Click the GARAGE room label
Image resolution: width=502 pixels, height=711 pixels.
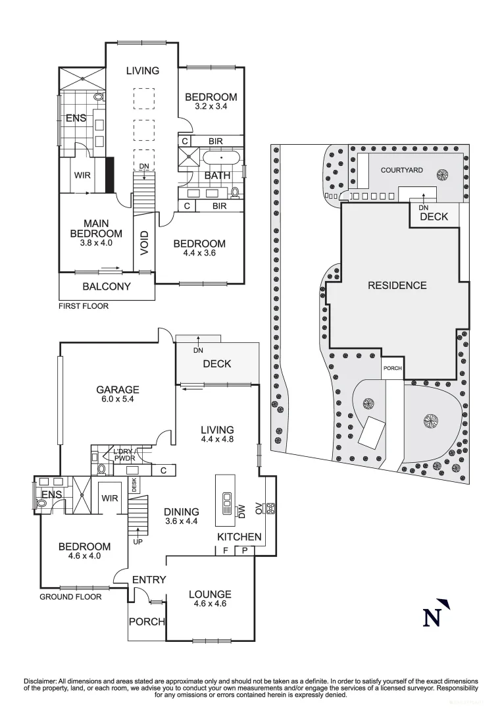pos(119,389)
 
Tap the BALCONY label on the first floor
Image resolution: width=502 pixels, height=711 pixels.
pos(106,286)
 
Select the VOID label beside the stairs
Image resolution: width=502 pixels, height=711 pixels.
pos(144,244)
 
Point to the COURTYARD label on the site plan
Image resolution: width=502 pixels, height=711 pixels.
pos(402,170)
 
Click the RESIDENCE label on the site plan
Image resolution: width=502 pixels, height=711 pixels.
pos(397,285)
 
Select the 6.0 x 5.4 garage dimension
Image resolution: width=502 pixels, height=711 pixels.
pos(119,399)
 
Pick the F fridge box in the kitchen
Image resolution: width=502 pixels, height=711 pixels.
pos(225,550)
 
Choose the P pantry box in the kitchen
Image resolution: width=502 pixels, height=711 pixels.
pos(244,550)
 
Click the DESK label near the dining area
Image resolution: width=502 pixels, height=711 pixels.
pos(134,485)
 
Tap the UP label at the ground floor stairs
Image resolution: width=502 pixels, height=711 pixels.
pos(138,542)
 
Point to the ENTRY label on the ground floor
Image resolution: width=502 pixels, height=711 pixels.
pos(149,579)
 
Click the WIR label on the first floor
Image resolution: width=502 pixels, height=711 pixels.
pos(82,176)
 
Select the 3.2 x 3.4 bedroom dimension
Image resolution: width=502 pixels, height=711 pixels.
pos(211,106)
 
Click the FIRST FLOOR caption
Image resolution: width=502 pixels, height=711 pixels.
pos(84,306)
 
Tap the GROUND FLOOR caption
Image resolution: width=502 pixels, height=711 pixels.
pos(70,597)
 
